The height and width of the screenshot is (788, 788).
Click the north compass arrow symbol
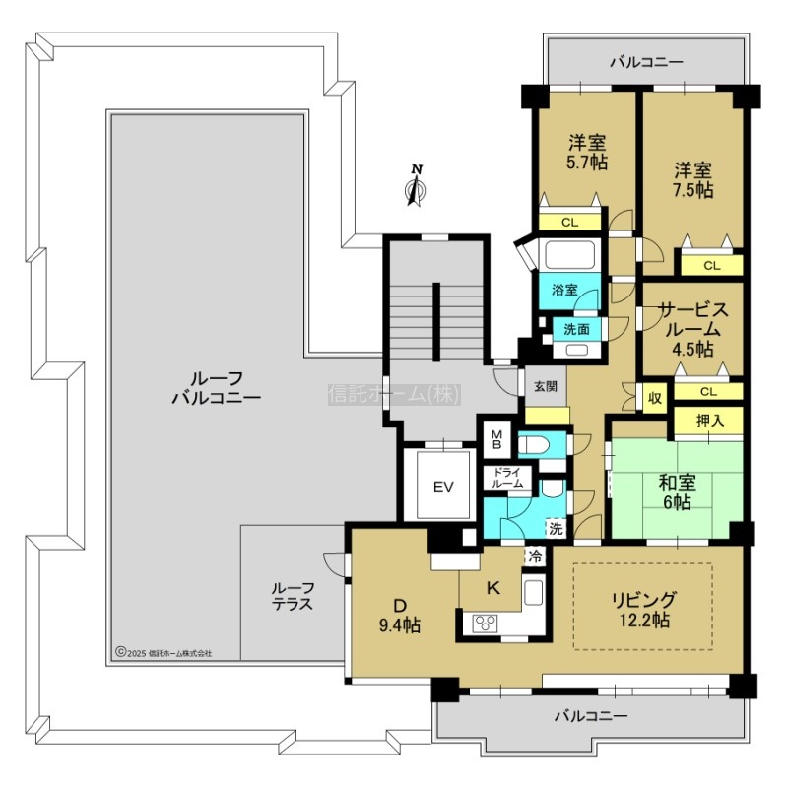click(x=416, y=185)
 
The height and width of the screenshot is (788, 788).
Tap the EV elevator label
click(x=444, y=487)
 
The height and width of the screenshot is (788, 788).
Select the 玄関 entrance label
click(x=546, y=386)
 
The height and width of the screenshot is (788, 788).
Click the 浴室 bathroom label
click(x=564, y=290)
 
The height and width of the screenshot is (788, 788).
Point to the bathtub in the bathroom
click(x=570, y=254)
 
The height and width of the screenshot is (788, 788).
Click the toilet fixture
click(x=535, y=445)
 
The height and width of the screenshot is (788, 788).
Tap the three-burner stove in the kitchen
click(x=485, y=624)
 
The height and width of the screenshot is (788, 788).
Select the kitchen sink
click(x=533, y=592)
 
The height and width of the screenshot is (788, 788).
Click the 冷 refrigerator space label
click(x=536, y=556)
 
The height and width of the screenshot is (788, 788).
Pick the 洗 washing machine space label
click(x=556, y=528)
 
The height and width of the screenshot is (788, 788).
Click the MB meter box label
click(x=496, y=439)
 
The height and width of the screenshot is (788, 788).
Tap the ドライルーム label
click(x=507, y=478)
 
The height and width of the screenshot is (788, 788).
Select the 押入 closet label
click(x=709, y=421)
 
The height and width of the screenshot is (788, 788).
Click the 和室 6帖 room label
click(x=677, y=492)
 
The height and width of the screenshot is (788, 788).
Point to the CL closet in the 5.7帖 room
click(x=570, y=223)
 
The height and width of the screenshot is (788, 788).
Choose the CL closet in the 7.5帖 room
click(x=712, y=265)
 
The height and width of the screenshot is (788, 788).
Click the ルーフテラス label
click(x=293, y=596)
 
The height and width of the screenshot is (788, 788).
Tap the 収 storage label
click(x=654, y=398)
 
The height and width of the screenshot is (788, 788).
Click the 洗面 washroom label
click(x=576, y=329)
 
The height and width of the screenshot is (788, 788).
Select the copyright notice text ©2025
click(x=164, y=653)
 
